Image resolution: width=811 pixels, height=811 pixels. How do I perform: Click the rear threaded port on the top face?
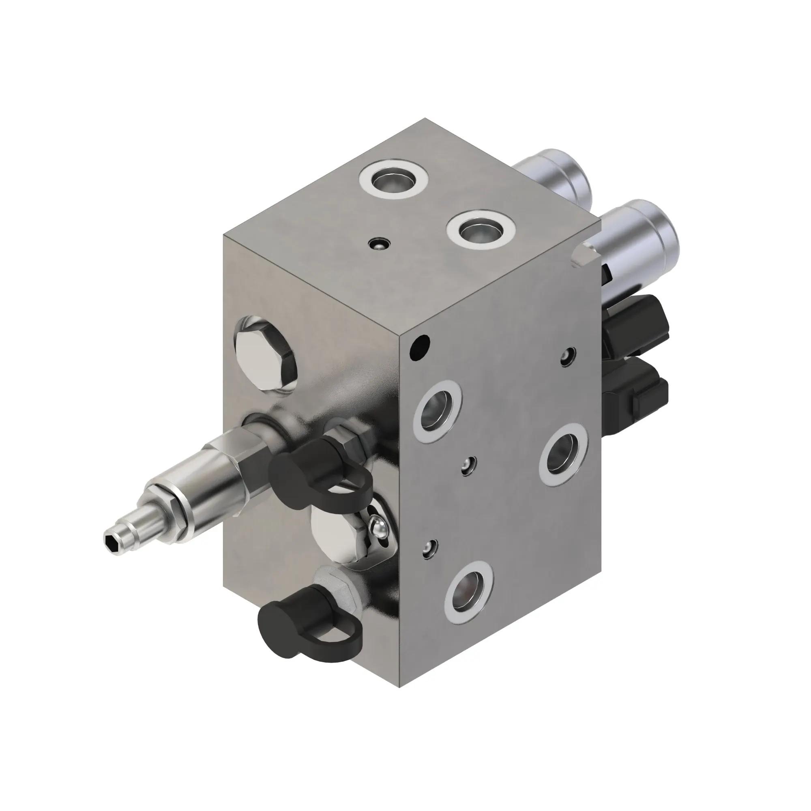393,179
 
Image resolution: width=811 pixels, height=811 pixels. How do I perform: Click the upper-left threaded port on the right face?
438,410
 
